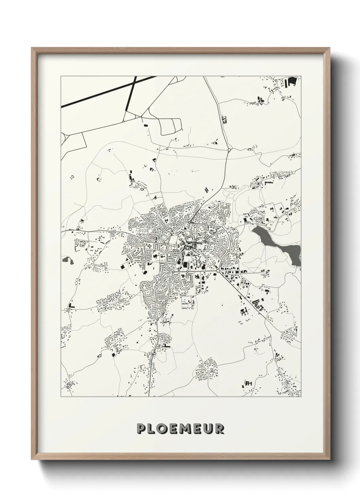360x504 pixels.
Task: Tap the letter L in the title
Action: (x=153, y=428)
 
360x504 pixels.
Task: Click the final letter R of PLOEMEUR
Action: (x=220, y=428)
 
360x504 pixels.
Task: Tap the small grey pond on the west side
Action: (x=67, y=261)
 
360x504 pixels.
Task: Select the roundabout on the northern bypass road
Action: (x=229, y=149)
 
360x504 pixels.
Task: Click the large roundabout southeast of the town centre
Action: (x=217, y=271)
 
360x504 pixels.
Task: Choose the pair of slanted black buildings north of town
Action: (x=207, y=190)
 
